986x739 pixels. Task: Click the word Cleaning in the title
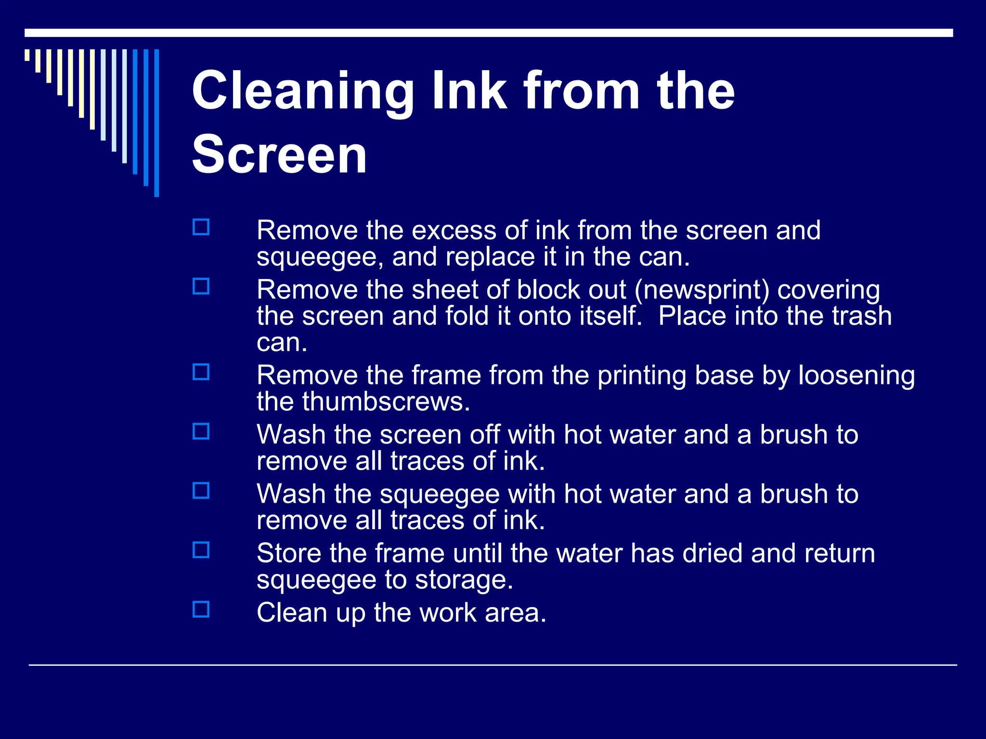(303, 91)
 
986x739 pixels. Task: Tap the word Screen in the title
(279, 155)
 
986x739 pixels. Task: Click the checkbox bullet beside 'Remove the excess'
(201, 227)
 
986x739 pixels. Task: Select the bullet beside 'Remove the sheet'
(201, 287)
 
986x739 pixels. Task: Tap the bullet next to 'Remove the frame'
(201, 372)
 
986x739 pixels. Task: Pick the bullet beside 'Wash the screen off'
(201, 432)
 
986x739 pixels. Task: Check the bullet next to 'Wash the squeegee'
(201, 491)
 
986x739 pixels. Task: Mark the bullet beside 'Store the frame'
(201, 550)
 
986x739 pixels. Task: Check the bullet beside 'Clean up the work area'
(201, 609)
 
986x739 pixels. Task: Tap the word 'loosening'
(856, 376)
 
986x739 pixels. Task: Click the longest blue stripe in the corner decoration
(156, 123)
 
